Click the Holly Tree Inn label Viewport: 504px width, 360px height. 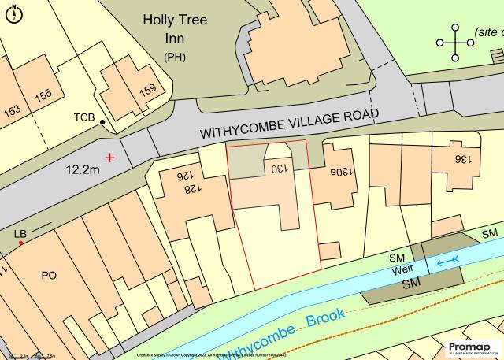[175, 30]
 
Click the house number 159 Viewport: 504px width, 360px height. [148, 90]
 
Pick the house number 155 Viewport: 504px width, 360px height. [43, 95]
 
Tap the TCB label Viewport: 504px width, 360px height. [84, 118]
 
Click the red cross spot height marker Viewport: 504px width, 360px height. [109, 158]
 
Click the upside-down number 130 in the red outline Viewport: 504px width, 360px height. [280, 169]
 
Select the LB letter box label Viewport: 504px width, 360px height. [20, 234]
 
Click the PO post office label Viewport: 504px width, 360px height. [49, 275]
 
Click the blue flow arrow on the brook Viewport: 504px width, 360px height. [448, 259]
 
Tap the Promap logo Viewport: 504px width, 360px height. [472, 348]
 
